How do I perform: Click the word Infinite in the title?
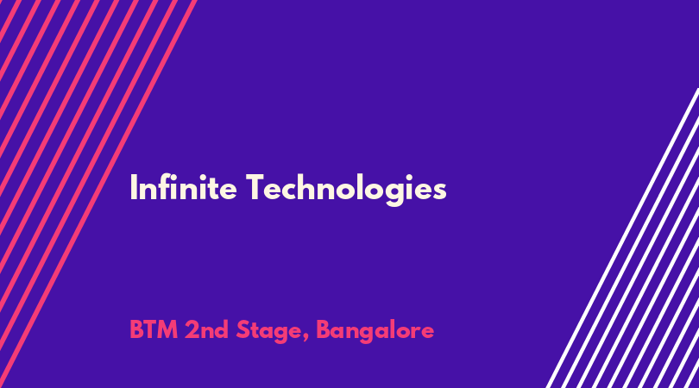[183, 188]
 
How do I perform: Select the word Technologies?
[346, 191]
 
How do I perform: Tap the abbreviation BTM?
[154, 330]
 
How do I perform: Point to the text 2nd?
[206, 330]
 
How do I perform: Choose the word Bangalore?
[375, 332]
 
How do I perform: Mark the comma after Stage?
[305, 338]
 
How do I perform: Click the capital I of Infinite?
[133, 188]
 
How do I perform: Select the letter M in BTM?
[167, 330]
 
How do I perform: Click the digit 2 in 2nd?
[192, 330]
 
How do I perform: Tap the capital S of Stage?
[242, 330]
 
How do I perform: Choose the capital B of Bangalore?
[323, 330]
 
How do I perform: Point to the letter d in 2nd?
[222, 330]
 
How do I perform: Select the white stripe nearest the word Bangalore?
[622, 238]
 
